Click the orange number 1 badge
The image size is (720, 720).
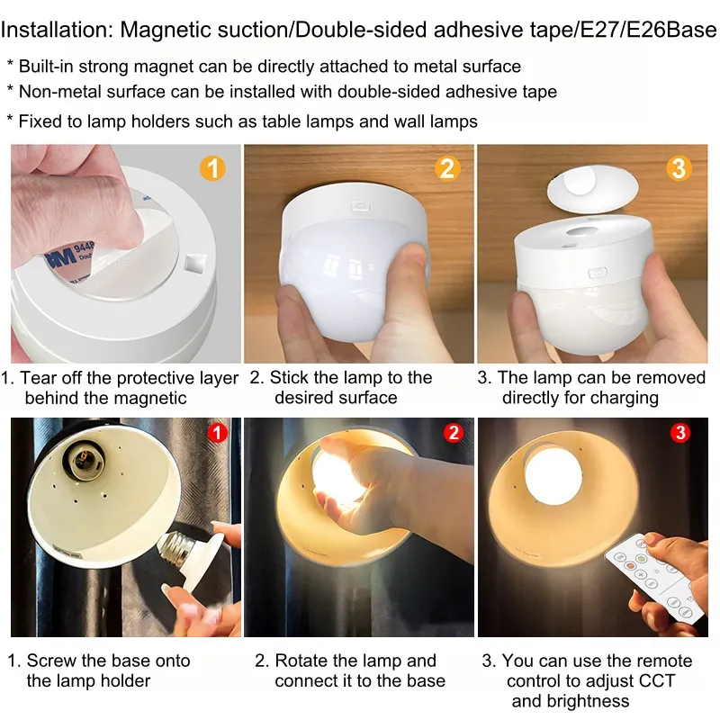[211, 168]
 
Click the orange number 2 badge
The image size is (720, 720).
[447, 168]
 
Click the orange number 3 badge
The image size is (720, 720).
[679, 168]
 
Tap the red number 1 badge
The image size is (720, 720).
[217, 433]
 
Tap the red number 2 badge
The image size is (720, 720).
[452, 433]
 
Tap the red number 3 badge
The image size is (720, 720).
[681, 433]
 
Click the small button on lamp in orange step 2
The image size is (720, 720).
[360, 206]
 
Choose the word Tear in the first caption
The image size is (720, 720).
[39, 378]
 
